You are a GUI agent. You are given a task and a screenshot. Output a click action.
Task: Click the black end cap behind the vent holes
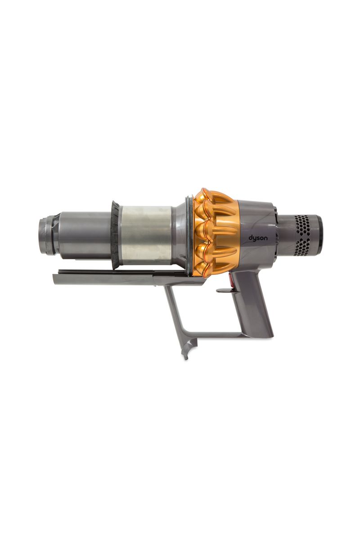click(319, 234)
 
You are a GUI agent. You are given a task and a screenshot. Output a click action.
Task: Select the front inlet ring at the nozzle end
click(47, 236)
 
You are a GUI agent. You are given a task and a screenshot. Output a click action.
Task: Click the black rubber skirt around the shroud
click(115, 235)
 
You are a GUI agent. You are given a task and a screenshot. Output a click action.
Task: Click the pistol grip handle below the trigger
click(256, 310)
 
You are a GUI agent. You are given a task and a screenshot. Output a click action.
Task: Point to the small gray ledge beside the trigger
click(224, 290)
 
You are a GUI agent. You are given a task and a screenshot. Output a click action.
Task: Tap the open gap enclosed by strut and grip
click(211, 310)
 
